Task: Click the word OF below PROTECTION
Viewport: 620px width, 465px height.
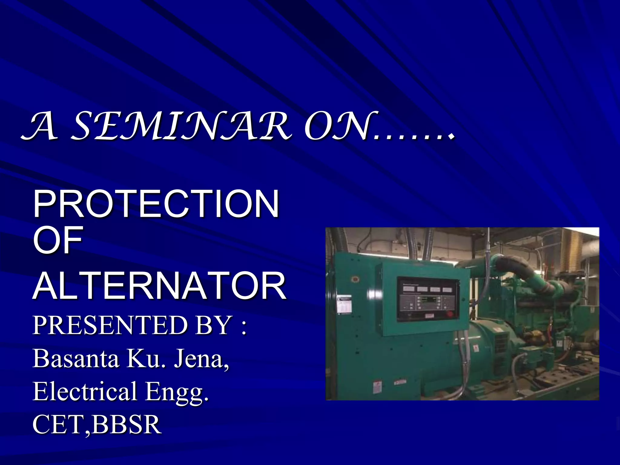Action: point(58,240)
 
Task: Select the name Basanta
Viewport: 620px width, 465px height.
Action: point(76,358)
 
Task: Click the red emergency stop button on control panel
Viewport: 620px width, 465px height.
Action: point(450,314)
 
